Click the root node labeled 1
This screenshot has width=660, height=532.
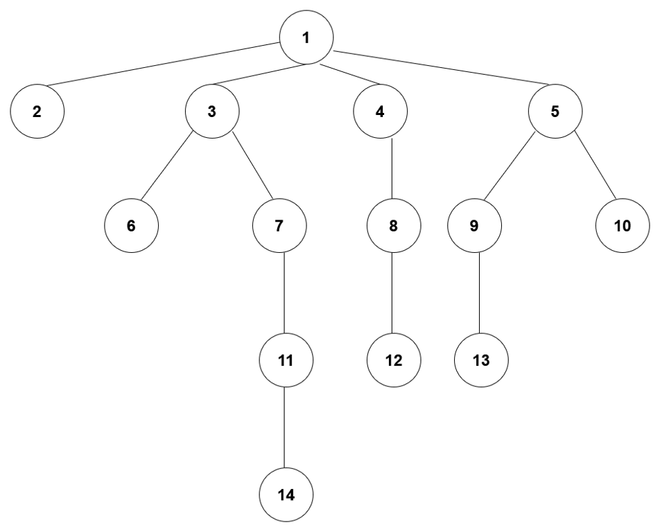point(306,37)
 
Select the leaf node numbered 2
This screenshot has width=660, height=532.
point(37,112)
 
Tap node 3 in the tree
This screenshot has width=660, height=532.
point(212,112)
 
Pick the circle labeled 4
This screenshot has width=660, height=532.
point(380,112)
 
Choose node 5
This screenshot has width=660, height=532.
point(555,112)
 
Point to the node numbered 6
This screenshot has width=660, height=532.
point(132,227)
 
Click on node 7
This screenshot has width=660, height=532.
point(279,227)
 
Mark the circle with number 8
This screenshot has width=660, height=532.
point(394,227)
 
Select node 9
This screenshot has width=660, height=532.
point(475,227)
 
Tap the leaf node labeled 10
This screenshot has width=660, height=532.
point(622,227)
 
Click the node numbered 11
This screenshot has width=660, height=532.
point(285,360)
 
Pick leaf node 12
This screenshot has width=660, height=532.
point(394,360)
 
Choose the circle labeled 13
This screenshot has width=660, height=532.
point(481,360)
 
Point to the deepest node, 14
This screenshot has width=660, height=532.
point(285,495)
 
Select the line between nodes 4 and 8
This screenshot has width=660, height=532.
point(393,170)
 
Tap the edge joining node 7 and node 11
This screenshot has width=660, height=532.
point(284,294)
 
